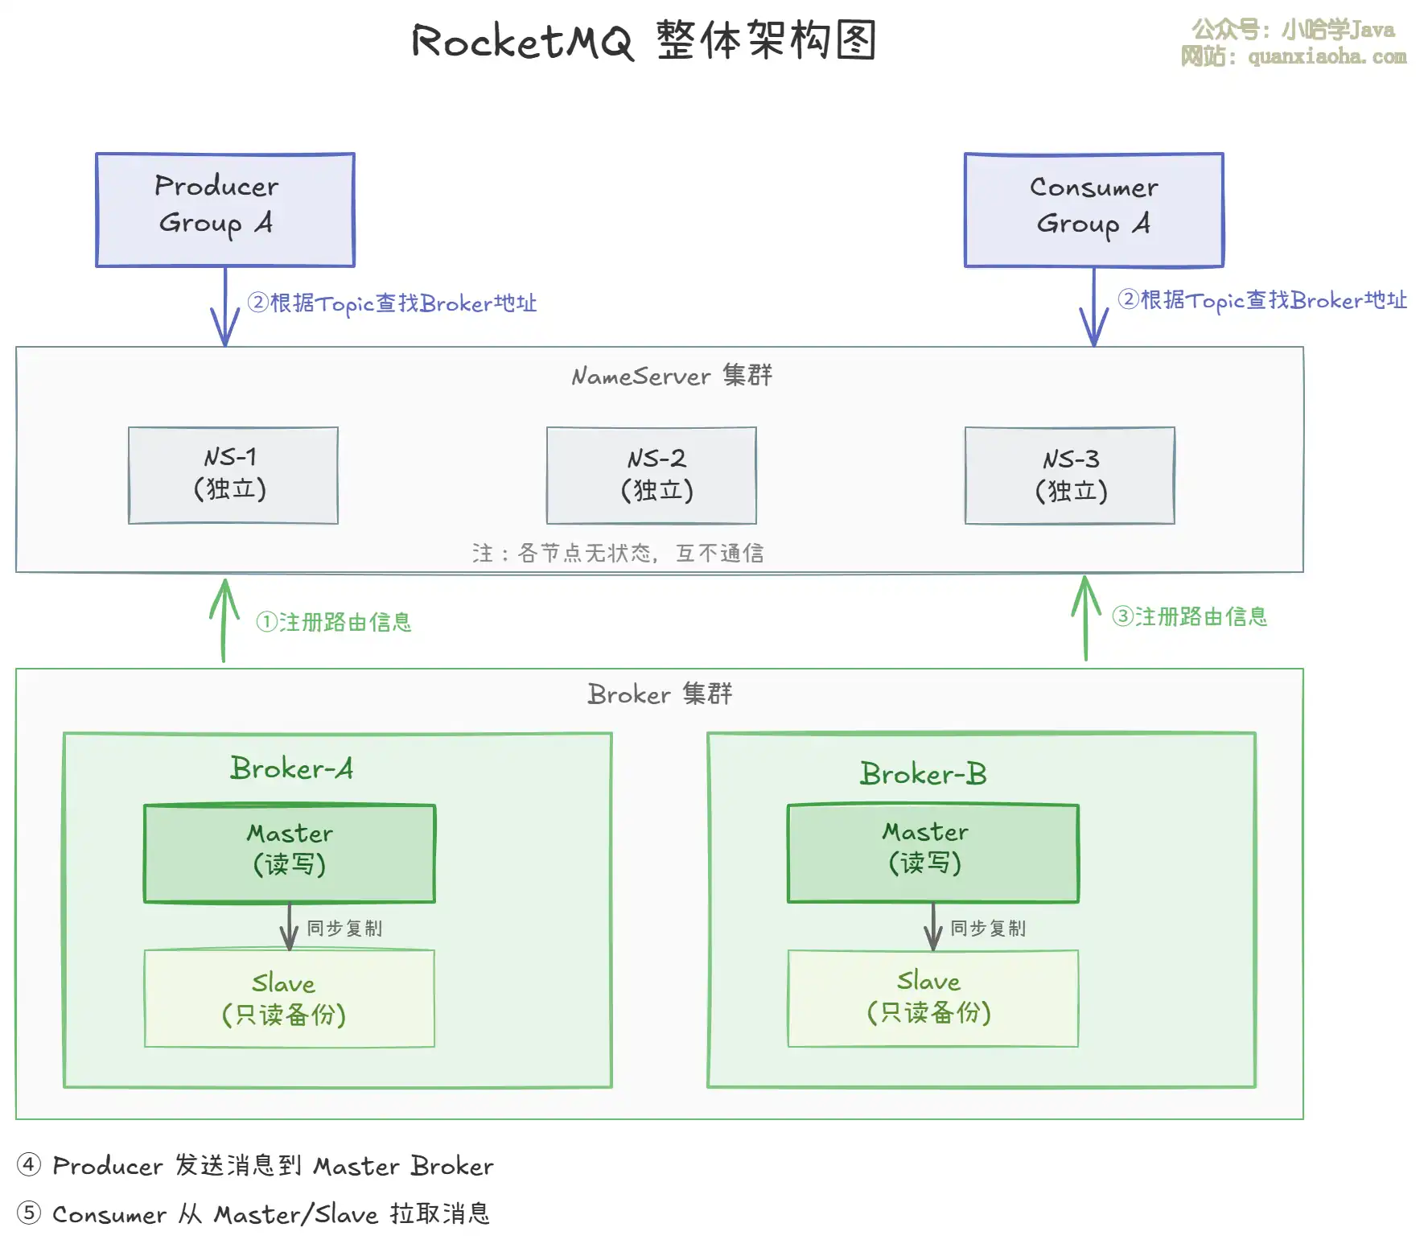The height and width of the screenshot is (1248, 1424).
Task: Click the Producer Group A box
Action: click(225, 209)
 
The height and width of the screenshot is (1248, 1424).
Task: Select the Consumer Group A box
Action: click(1094, 209)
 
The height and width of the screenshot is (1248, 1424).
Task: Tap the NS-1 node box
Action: click(233, 475)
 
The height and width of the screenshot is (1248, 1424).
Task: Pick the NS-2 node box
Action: click(652, 475)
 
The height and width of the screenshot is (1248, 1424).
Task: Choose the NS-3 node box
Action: click(1070, 475)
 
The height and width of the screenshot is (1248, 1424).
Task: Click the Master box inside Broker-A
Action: click(290, 853)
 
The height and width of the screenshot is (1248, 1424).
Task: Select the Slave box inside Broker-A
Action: click(290, 998)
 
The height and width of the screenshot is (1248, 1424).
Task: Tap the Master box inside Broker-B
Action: click(933, 853)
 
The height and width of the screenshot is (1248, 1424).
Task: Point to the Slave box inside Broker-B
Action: click(933, 998)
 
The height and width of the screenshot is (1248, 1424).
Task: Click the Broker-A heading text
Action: click(291, 768)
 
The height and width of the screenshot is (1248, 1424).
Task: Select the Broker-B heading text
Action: click(923, 773)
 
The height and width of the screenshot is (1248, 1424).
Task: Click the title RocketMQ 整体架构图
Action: click(644, 40)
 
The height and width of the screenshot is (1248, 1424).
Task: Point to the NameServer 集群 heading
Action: click(672, 376)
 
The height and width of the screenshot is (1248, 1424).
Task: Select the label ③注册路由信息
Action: click(1189, 617)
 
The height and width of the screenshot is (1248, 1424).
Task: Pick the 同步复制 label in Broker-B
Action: click(988, 928)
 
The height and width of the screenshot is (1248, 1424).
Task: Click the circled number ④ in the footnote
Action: click(29, 1164)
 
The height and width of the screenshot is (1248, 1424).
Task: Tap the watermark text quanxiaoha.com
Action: click(1327, 56)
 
